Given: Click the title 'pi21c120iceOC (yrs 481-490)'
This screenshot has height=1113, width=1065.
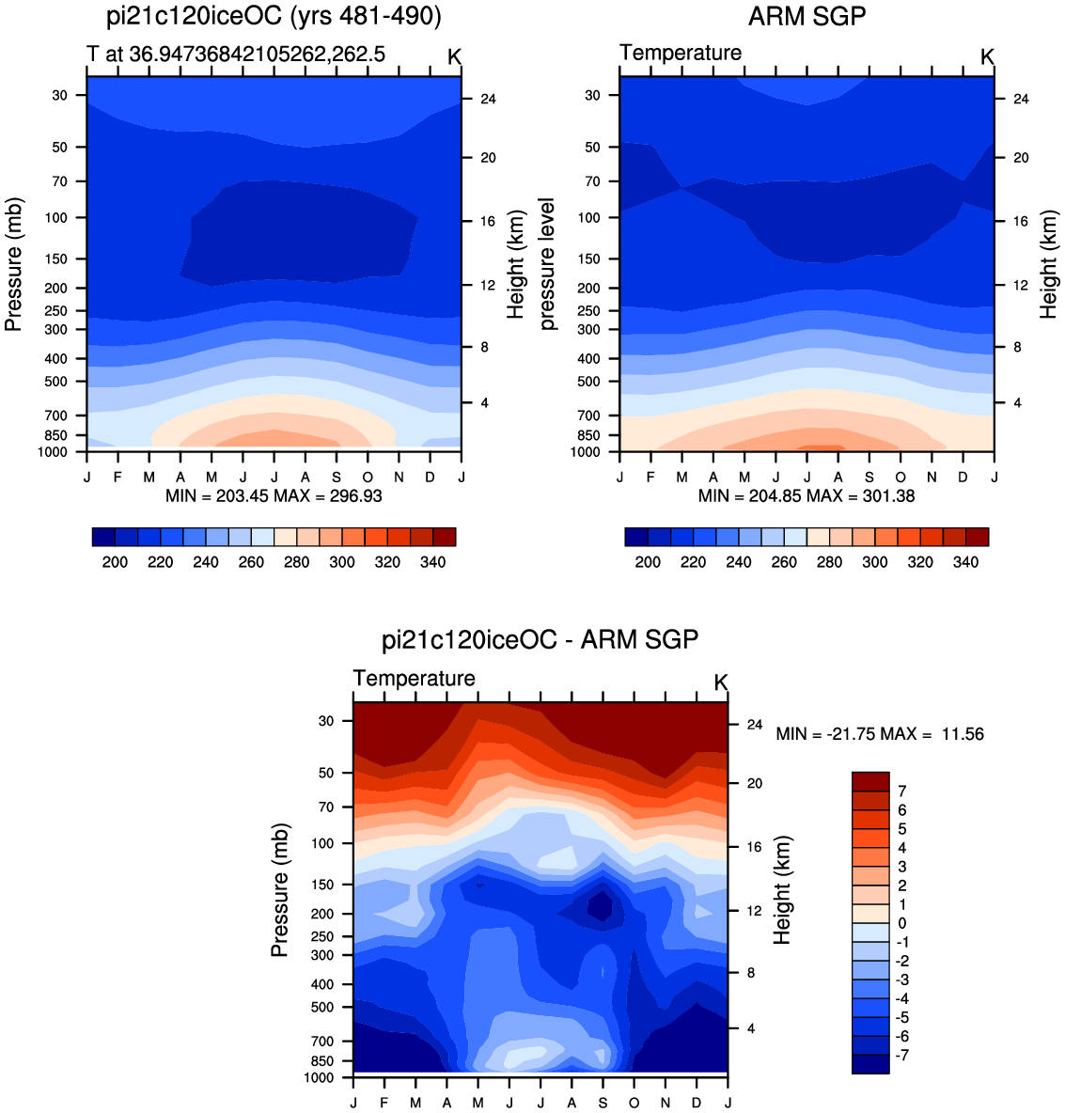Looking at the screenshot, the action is point(274,16).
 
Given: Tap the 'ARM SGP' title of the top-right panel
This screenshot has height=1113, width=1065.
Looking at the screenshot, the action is point(807,16).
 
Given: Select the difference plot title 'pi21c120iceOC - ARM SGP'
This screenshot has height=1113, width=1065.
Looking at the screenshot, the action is point(540,639).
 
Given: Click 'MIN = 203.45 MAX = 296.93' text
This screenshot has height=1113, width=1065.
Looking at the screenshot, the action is point(274,496).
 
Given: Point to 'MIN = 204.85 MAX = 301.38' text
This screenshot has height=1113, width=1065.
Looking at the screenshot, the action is point(807,496).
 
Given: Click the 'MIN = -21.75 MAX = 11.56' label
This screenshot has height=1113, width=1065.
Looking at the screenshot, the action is point(880,734).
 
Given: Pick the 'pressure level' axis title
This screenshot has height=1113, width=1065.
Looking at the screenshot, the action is point(546,264).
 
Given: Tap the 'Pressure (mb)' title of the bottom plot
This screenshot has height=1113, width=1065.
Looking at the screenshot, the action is point(280,890).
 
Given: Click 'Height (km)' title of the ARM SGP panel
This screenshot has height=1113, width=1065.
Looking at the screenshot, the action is point(1048,264).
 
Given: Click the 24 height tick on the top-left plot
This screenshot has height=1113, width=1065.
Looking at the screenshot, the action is point(488,99).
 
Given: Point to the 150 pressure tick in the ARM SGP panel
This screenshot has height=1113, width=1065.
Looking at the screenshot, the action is point(588,259).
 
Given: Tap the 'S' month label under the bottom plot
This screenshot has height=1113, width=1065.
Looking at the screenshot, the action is point(603,1103).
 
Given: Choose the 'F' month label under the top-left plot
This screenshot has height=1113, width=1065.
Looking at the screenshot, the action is point(117,477).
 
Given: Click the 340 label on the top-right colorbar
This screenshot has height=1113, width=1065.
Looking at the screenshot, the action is point(965,562).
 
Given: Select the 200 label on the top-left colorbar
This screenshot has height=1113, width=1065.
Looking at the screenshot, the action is point(115,562).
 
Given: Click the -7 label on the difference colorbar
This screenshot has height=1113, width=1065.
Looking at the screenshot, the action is point(901,1056).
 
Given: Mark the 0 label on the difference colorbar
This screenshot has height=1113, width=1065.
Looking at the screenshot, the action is point(901,923).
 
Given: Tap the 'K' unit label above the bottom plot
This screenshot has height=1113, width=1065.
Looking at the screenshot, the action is point(721,682).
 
